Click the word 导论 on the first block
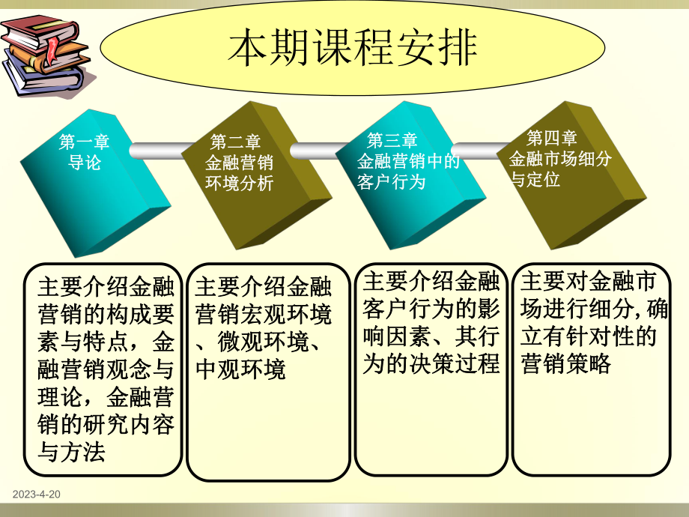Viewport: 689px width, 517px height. pyautogui.click(x=85, y=162)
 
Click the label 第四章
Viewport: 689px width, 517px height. pyautogui.click(x=552, y=138)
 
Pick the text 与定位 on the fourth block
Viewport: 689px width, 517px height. pyautogui.click(x=535, y=180)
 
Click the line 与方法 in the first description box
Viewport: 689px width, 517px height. pyautogui.click(x=76, y=452)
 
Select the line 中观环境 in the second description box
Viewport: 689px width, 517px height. pyautogui.click(x=240, y=369)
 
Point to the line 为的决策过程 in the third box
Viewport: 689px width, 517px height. pyautogui.click(x=431, y=364)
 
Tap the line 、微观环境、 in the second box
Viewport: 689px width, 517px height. pyautogui.click(x=259, y=342)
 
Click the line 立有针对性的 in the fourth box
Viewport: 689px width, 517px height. pyautogui.click(x=589, y=336)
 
